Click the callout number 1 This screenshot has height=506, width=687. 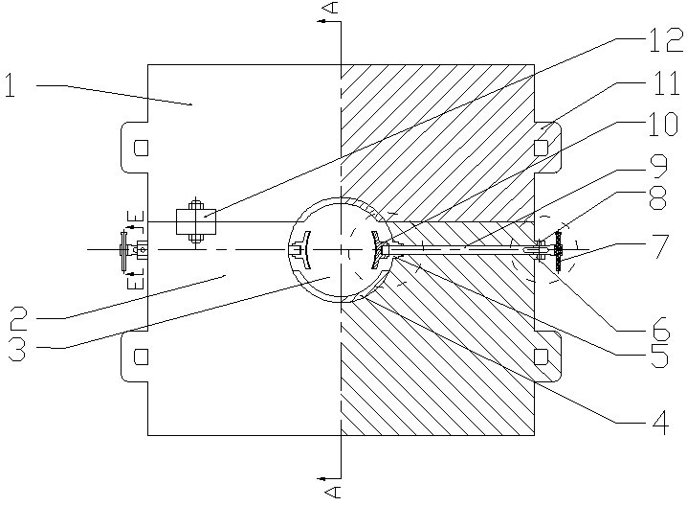click(x=12, y=86)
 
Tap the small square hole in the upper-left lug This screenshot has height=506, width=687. click(x=141, y=148)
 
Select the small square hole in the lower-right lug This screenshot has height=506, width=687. click(x=541, y=356)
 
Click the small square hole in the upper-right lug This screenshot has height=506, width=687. click(x=541, y=148)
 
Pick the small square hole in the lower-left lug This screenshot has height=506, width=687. click(x=141, y=356)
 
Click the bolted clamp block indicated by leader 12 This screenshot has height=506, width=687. click(x=196, y=221)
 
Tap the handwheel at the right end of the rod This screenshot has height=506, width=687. click(x=558, y=250)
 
